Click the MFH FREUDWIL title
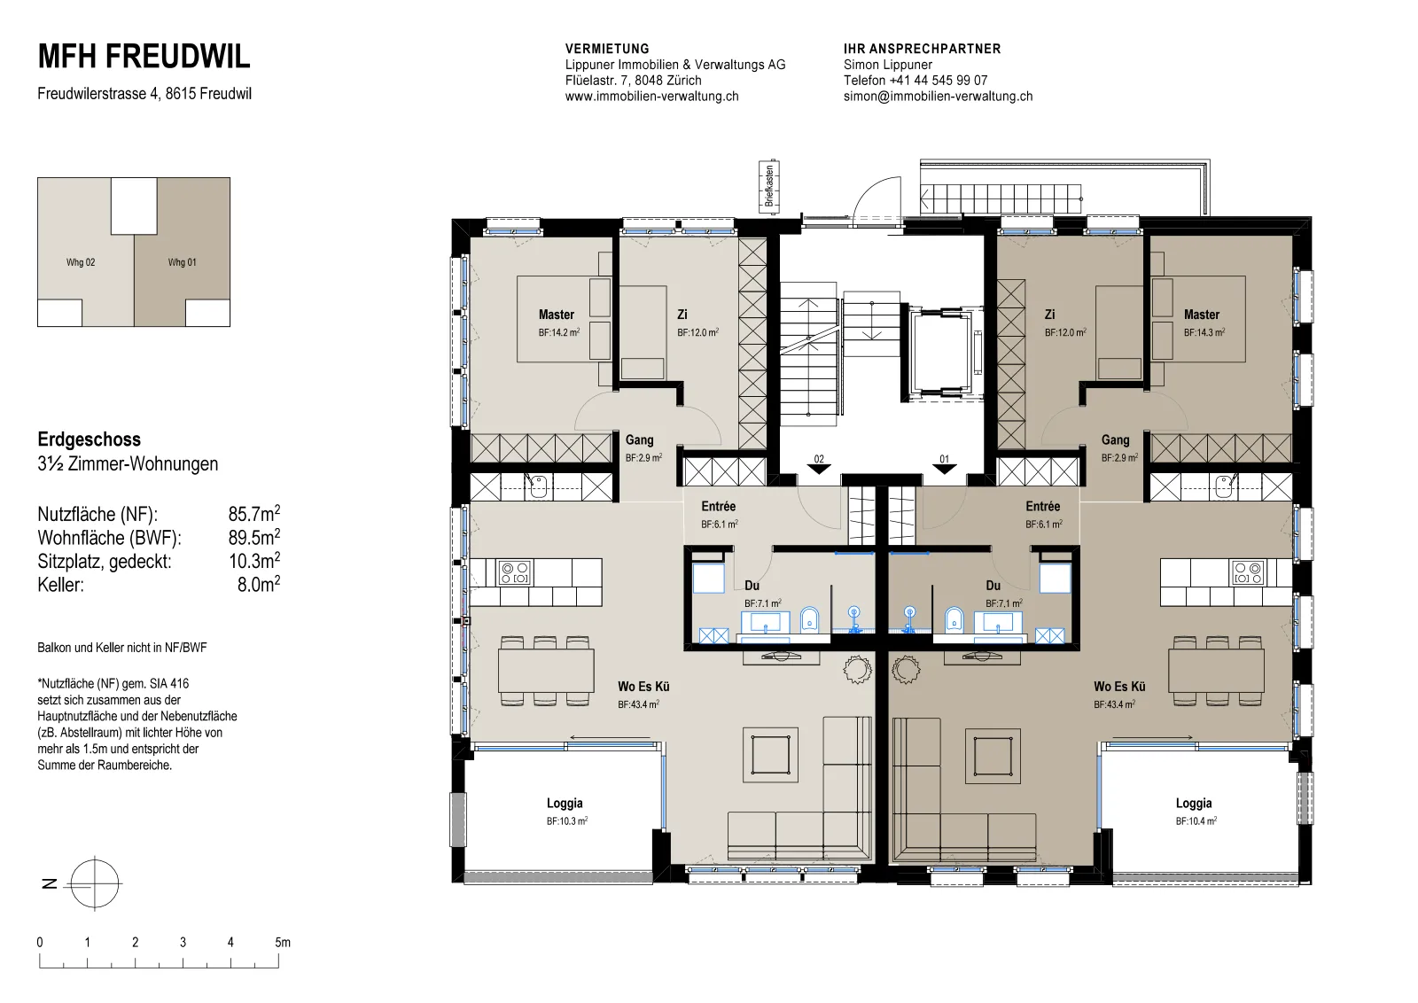144,57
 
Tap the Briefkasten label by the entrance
769,186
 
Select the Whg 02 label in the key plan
81,262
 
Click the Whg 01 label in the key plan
182,262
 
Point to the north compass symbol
94,883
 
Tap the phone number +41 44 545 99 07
939,81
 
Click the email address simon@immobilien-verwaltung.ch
939,97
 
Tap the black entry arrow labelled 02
819,469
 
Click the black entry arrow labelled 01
945,469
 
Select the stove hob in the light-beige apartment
515,572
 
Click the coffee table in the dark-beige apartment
993,756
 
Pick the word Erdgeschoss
90,439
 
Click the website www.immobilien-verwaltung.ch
652,97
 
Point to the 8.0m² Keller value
258,583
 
